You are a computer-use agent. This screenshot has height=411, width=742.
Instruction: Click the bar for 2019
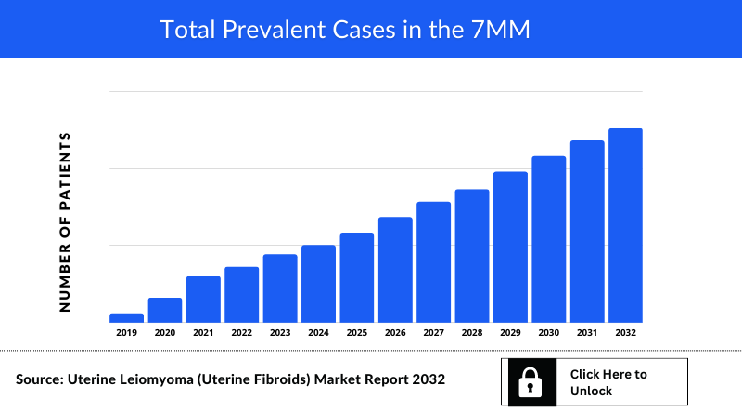point(126,318)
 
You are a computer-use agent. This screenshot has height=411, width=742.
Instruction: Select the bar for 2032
point(625,225)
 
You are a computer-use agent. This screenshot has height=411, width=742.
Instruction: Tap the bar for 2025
point(356,277)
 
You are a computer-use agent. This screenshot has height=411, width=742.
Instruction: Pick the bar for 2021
point(203,299)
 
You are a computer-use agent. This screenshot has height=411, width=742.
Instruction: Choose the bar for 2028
point(471,256)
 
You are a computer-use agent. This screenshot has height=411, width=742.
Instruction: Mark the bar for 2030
point(548,238)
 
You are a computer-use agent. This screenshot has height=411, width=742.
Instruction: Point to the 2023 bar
point(279,289)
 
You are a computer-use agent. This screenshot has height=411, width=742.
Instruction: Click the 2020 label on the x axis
point(165,332)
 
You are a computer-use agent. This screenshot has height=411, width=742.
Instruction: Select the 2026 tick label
point(395,332)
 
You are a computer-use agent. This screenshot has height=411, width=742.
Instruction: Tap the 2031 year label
point(587,332)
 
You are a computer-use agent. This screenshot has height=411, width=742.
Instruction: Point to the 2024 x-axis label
point(318,332)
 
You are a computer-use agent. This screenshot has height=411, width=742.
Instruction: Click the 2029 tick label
point(510,332)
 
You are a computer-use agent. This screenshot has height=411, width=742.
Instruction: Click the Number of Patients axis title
point(65,221)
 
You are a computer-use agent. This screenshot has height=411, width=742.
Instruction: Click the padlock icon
point(529,382)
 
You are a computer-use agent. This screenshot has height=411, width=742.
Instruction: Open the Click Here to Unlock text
point(608,382)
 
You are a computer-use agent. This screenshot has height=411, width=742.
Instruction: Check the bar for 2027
point(433,263)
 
